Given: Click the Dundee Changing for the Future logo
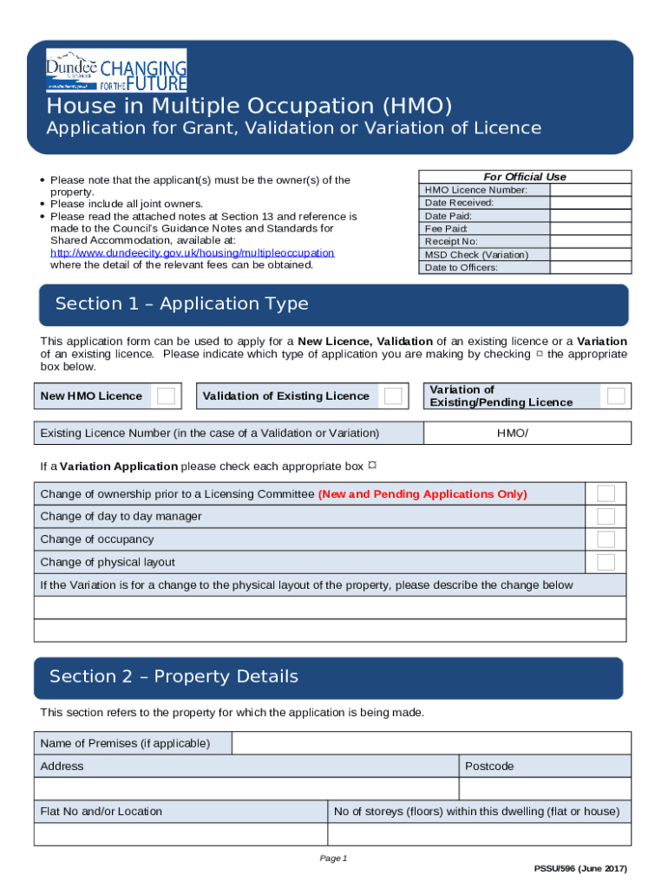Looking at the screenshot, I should click(116, 70).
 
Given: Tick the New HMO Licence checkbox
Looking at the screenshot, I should click(166, 396).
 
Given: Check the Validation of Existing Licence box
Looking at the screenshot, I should click(393, 396).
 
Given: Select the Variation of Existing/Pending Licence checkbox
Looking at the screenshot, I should click(616, 396).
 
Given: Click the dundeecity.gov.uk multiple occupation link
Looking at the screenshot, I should click(192, 252).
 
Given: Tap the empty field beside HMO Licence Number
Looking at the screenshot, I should click(591, 190).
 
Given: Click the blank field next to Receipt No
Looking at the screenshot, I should click(591, 241).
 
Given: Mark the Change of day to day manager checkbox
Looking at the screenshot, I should click(606, 517).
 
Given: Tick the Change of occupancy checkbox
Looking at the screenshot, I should click(606, 539).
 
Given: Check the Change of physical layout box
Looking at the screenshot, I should click(606, 562).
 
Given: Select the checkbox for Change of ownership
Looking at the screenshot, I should click(606, 494).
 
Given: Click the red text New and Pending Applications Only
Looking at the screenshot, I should click(422, 494).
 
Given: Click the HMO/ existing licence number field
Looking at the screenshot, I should click(527, 433).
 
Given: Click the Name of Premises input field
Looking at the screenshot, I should click(431, 743).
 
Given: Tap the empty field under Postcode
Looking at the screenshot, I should click(544, 788).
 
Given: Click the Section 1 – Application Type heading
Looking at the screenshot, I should click(181, 304).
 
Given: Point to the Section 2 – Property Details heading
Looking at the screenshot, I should click(174, 676).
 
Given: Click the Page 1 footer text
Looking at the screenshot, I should click(333, 859).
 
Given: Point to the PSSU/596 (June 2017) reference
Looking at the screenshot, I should click(580, 869).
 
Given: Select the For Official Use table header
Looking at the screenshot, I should click(524, 177).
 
